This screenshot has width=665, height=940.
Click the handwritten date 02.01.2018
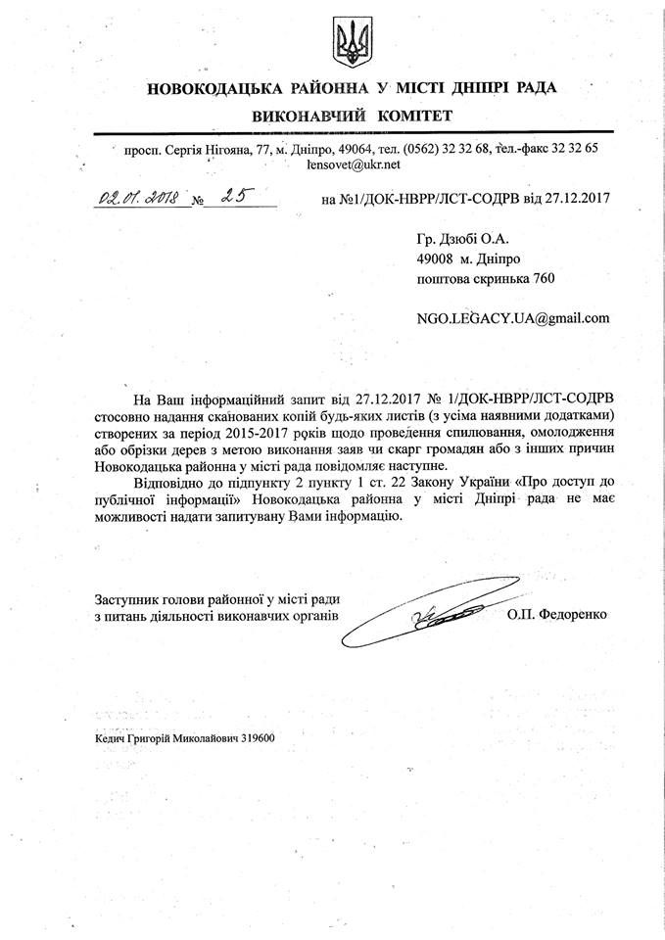pyautogui.click(x=136, y=198)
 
